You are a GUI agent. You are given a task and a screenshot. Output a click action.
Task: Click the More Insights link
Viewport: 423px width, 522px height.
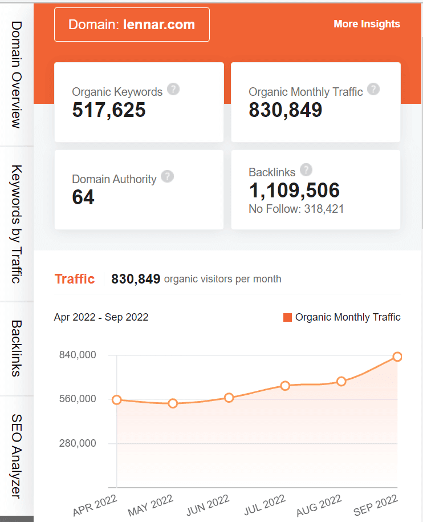pyautogui.click(x=367, y=24)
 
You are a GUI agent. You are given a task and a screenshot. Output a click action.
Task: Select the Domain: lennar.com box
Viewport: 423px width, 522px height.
pyautogui.click(x=132, y=25)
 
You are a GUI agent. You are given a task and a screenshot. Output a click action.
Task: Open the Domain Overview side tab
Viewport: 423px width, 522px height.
pyautogui.click(x=16, y=74)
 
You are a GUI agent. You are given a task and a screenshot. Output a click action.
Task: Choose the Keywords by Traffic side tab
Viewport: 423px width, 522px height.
pyautogui.click(x=16, y=224)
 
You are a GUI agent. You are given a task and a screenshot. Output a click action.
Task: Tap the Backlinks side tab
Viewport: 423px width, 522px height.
pyautogui.click(x=16, y=348)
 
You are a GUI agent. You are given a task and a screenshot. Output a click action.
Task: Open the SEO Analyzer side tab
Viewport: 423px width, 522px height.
pyautogui.click(x=16, y=456)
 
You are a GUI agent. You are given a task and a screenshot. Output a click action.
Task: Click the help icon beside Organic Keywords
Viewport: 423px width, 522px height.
pyautogui.click(x=174, y=89)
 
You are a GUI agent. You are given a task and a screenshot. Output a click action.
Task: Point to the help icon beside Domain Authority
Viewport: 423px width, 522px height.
pyautogui.click(x=167, y=176)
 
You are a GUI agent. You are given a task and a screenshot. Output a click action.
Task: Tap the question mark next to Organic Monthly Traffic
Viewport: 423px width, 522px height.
pyautogui.click(x=373, y=89)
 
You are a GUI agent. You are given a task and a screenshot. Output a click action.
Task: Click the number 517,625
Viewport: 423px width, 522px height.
pyautogui.click(x=109, y=110)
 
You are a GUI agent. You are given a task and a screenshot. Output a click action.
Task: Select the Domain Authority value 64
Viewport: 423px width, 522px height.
pyautogui.click(x=83, y=197)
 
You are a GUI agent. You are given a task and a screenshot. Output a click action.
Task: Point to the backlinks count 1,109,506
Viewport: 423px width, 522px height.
pyautogui.click(x=294, y=191)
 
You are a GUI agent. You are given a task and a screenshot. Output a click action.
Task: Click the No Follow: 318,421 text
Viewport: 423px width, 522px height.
pyautogui.click(x=296, y=209)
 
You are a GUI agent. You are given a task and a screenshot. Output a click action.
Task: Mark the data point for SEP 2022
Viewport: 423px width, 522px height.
pyautogui.click(x=397, y=357)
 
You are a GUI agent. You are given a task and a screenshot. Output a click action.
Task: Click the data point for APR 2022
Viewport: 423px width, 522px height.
pyautogui.click(x=116, y=400)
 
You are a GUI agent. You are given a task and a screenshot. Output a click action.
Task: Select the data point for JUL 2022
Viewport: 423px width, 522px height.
pyautogui.click(x=285, y=386)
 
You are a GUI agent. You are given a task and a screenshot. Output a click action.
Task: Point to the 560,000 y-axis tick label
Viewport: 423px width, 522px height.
pyautogui.click(x=78, y=399)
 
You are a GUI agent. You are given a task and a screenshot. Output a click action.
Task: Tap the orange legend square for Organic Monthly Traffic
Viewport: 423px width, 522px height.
pyautogui.click(x=287, y=317)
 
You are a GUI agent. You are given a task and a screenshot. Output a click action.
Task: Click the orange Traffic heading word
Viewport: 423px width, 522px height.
pyautogui.click(x=75, y=279)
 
